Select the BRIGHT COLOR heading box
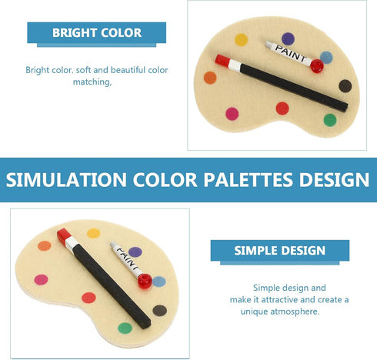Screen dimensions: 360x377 tap(97, 33)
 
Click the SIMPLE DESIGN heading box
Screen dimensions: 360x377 tap(280, 250)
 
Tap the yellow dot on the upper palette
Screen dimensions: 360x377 tap(241, 39)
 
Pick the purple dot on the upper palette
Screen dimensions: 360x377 tap(288, 38)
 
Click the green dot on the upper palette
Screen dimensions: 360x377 tap(329, 120)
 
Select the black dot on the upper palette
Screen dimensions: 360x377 tap(345, 85)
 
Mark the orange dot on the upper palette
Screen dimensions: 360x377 tap(209, 78)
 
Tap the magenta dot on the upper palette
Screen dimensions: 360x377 tap(232, 114)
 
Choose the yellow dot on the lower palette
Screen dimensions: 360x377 tap(93, 232)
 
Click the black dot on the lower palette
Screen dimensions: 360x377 tap(159, 311)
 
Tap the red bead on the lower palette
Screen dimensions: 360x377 tap(142, 282)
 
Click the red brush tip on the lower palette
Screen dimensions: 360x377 tap(64, 235)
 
